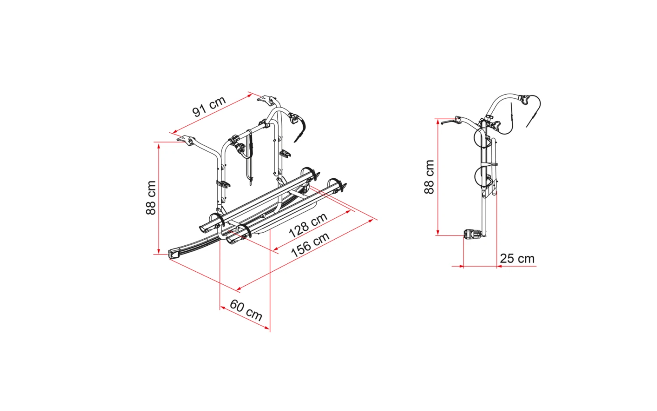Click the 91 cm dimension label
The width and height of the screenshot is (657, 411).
[209, 106]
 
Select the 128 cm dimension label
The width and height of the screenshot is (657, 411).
[308, 225]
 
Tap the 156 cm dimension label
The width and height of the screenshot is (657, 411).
[310, 244]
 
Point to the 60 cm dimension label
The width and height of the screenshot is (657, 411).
[246, 310]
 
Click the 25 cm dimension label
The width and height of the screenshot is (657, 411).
[517, 259]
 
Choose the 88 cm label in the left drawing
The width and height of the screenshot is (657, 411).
[151, 198]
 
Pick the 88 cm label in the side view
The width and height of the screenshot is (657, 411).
[429, 177]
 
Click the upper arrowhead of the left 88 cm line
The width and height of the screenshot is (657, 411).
[159, 145]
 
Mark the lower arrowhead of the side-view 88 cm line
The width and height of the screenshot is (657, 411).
[438, 232]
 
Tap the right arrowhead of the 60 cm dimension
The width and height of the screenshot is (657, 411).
[267, 327]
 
